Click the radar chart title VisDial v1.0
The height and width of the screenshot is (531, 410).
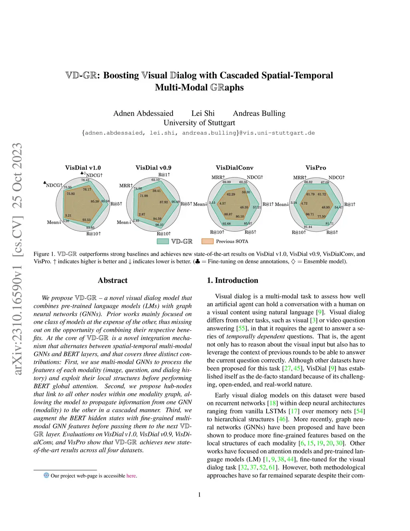[83, 168]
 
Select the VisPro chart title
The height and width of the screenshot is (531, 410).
[316, 168]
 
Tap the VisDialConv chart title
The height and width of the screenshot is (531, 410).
[234, 168]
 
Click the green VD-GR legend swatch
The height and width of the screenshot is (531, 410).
[163, 241]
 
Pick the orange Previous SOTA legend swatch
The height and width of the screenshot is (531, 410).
[207, 241]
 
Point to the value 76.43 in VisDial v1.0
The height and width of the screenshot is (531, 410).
[85, 180]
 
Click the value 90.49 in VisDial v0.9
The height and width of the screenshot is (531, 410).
[175, 202]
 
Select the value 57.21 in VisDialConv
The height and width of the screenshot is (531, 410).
[257, 207]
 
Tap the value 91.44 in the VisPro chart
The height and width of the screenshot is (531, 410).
[308, 227]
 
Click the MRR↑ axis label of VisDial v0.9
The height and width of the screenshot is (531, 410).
[126, 186]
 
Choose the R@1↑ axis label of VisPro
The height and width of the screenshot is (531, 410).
[350, 204]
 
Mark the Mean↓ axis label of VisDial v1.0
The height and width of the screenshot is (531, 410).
[54, 222]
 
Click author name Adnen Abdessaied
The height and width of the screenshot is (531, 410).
[143, 113]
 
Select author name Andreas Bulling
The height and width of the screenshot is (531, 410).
[259, 113]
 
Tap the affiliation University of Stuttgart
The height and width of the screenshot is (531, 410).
[199, 123]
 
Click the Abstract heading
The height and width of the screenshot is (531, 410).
[113, 281]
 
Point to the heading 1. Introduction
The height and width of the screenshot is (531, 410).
[232, 281]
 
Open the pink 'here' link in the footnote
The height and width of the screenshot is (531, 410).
[131, 476]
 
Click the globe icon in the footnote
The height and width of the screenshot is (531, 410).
[46, 475]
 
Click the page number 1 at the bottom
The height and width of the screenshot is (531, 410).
[199, 495]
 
